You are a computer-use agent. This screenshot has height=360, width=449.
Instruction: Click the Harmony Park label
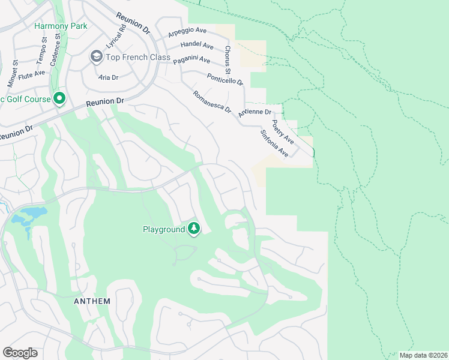pyautogui.click(x=61, y=26)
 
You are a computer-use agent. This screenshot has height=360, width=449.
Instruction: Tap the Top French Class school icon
pyautogui.click(x=96, y=56)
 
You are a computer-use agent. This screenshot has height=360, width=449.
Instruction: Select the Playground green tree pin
pyautogui.click(x=193, y=229)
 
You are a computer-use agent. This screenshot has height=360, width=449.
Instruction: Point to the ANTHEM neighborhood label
pyautogui.click(x=92, y=301)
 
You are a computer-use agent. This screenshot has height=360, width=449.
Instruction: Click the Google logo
pyautogui.click(x=20, y=353)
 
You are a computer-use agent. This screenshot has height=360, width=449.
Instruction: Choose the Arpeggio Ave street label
pyautogui.click(x=188, y=34)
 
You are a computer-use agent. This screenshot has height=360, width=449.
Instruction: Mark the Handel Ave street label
pyautogui.click(x=197, y=46)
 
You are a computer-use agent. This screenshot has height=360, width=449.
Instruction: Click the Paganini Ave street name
pyautogui.click(x=191, y=60)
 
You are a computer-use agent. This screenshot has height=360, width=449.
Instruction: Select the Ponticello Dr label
pyautogui.click(x=224, y=78)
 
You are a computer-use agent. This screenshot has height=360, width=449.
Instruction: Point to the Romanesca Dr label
pyautogui.click(x=211, y=101)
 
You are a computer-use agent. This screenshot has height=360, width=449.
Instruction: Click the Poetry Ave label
pyautogui.click(x=282, y=131)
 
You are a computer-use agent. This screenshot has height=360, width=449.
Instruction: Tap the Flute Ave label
pyautogui.click(x=32, y=74)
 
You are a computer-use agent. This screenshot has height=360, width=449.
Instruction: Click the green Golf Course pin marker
pyautogui.click(x=59, y=98)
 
